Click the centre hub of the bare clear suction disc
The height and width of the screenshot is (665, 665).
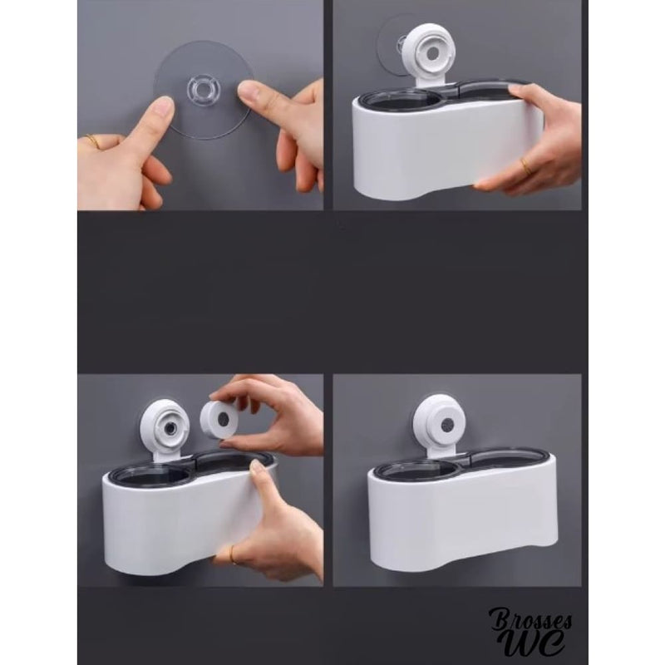click(x=199, y=88)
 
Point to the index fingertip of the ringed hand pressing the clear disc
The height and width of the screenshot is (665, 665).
click(x=163, y=106)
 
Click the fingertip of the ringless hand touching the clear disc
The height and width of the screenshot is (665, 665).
click(x=246, y=89)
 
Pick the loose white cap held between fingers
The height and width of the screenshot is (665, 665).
click(x=222, y=416)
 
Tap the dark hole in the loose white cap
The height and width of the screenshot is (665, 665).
click(x=224, y=417)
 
